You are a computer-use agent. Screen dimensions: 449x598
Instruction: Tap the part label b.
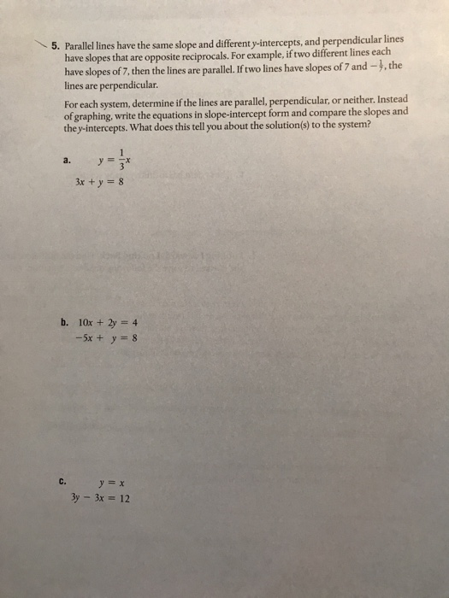click(65, 323)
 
